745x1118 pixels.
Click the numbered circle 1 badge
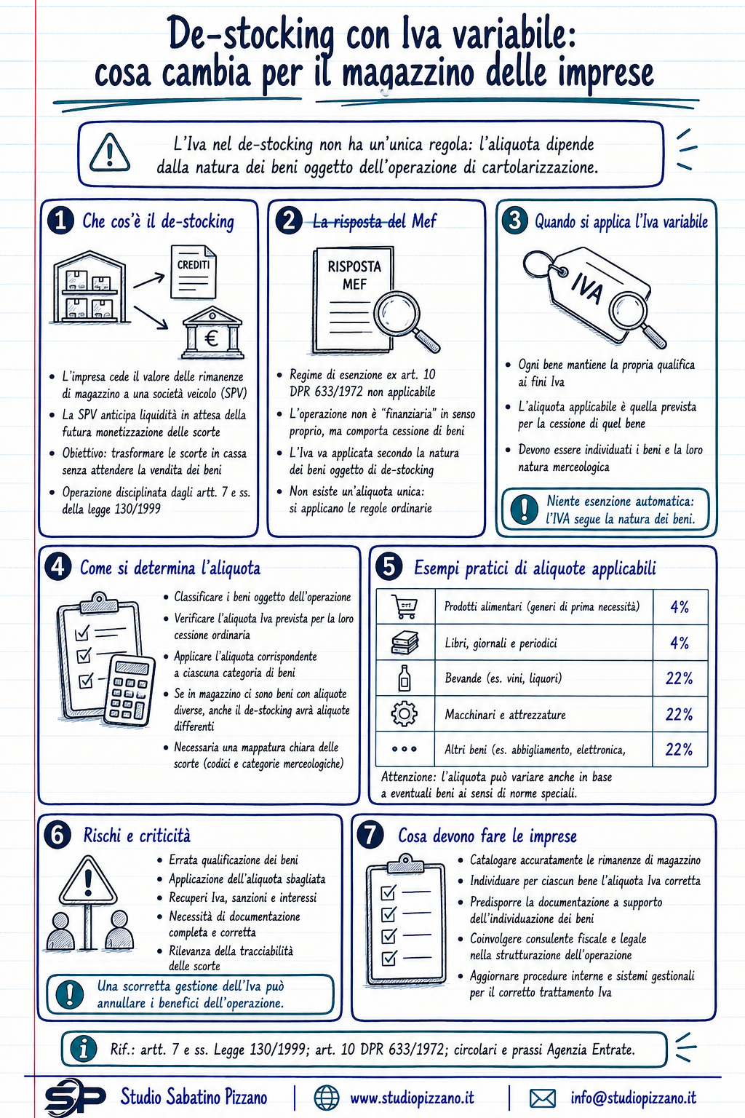pyautogui.click(x=61, y=221)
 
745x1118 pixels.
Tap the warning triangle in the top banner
pyautogui.click(x=110, y=152)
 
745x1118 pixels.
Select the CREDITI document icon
pyautogui.click(x=193, y=272)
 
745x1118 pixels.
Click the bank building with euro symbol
pyautogui.click(x=212, y=333)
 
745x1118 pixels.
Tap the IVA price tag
pyautogui.click(x=594, y=295)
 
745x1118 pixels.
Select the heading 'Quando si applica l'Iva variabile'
pyautogui.click(x=621, y=221)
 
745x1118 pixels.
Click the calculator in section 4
pyautogui.click(x=129, y=690)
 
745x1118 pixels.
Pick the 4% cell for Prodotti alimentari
pyautogui.click(x=680, y=607)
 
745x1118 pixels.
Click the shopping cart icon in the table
pyautogui.click(x=405, y=607)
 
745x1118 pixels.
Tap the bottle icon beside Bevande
pyautogui.click(x=405, y=678)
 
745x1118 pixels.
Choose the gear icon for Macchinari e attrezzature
pyautogui.click(x=405, y=714)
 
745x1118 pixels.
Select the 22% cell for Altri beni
pyautogui.click(x=679, y=749)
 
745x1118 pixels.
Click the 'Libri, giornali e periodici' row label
pyautogui.click(x=501, y=643)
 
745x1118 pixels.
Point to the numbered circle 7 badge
pyautogui.click(x=370, y=835)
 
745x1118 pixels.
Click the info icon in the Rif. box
pyautogui.click(x=84, y=1049)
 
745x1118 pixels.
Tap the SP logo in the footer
pyautogui.click(x=75, y=1097)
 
